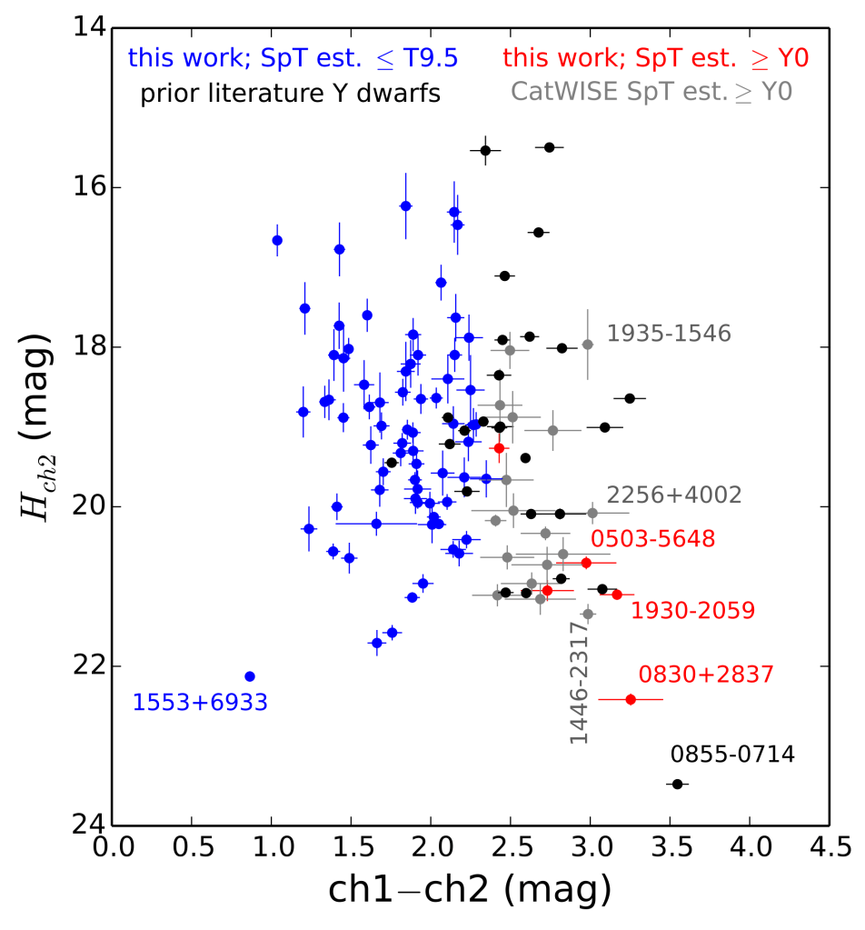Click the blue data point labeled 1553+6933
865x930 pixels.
[250, 676]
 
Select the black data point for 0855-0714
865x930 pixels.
[676, 784]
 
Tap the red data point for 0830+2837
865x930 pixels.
[631, 699]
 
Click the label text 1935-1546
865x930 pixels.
[669, 334]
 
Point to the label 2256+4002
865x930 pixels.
[674, 495]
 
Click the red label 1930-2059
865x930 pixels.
[692, 611]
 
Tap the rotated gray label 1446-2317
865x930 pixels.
[579, 683]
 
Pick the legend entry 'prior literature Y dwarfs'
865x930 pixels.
[291, 93]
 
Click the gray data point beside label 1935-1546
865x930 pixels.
[588, 345]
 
